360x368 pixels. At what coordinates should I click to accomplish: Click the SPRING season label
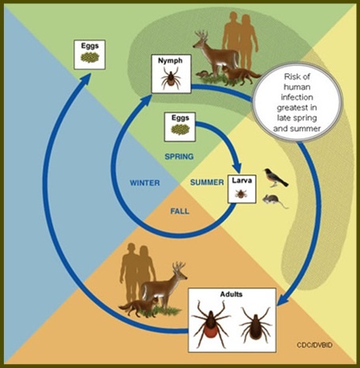tap(179, 156)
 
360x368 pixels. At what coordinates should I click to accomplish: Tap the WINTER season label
tap(144, 182)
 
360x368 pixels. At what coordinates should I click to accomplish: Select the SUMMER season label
tap(207, 182)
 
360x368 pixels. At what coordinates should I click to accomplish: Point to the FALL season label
tap(179, 211)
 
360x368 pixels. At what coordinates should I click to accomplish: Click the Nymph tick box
tap(171, 73)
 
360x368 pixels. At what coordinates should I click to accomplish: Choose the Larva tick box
tap(242, 189)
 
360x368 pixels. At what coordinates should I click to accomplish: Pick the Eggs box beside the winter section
tap(90, 54)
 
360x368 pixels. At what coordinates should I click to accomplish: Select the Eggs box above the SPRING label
tap(180, 127)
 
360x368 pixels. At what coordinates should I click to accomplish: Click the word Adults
tap(231, 294)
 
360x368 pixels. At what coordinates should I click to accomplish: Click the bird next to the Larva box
tap(276, 178)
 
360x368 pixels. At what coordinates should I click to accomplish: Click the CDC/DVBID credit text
tap(314, 345)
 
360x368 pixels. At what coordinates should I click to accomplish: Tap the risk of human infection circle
tap(297, 103)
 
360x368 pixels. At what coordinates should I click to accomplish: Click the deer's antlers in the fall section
tap(178, 268)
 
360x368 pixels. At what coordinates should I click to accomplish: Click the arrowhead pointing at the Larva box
tap(237, 167)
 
